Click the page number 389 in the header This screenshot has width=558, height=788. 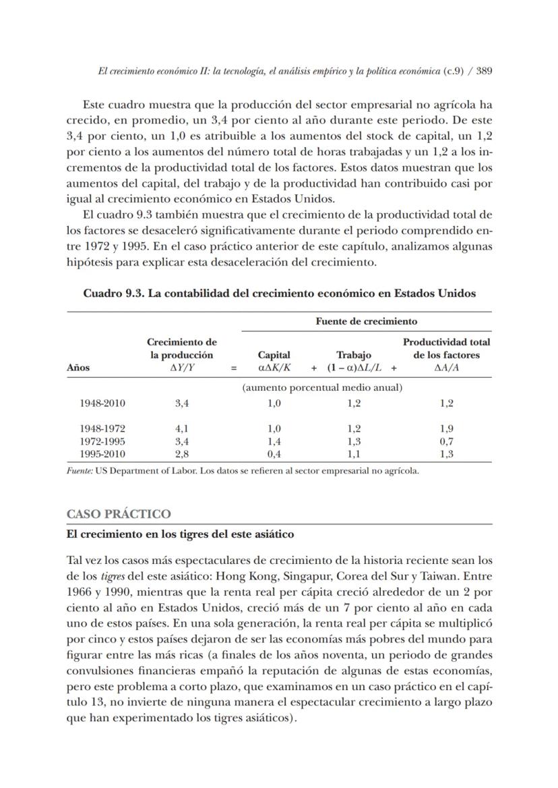click(x=483, y=72)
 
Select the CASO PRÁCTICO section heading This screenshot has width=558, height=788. click(x=119, y=514)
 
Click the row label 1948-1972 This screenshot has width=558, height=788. click(x=102, y=428)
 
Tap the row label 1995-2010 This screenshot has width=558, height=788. click(x=102, y=454)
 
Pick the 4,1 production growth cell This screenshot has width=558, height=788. click(x=181, y=428)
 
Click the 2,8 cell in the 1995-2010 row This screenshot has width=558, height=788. click(x=181, y=454)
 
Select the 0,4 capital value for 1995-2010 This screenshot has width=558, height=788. click(x=274, y=454)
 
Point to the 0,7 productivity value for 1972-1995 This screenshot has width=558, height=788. click(x=446, y=441)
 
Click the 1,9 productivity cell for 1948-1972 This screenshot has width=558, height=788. click(x=446, y=428)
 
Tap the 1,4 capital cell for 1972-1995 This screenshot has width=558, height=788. click(x=274, y=441)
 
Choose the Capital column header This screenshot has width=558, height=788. click(x=274, y=355)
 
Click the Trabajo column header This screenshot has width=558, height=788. click(x=354, y=355)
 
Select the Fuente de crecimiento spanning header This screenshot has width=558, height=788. click(x=366, y=321)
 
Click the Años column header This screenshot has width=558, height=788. click(x=78, y=368)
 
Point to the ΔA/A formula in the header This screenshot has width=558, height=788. click(x=446, y=368)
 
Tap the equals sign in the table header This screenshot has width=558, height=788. click(x=234, y=368)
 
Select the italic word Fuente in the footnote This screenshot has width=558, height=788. click(x=79, y=471)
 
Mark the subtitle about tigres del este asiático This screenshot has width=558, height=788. click(x=180, y=534)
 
